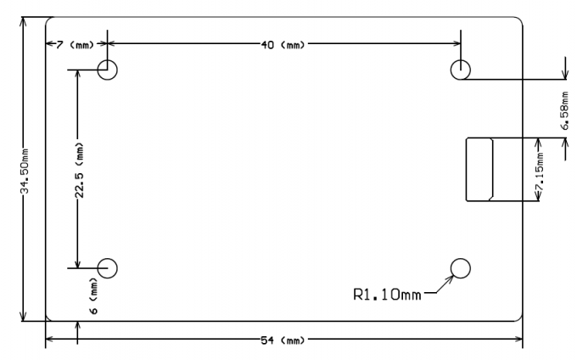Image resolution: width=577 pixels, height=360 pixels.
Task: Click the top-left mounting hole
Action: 107,70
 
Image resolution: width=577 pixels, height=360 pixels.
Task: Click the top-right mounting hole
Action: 460,70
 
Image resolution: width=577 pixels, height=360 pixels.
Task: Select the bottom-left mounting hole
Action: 107,268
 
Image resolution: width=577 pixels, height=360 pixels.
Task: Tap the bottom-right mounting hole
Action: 460,268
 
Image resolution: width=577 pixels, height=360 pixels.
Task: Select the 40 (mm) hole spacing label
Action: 283,43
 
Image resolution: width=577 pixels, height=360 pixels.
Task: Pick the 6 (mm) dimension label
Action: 94,299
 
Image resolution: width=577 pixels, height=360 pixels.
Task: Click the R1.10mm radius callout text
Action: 387,295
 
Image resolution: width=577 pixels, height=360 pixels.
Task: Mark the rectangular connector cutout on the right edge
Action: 479,169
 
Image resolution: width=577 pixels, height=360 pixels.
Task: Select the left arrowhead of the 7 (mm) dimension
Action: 49,43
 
